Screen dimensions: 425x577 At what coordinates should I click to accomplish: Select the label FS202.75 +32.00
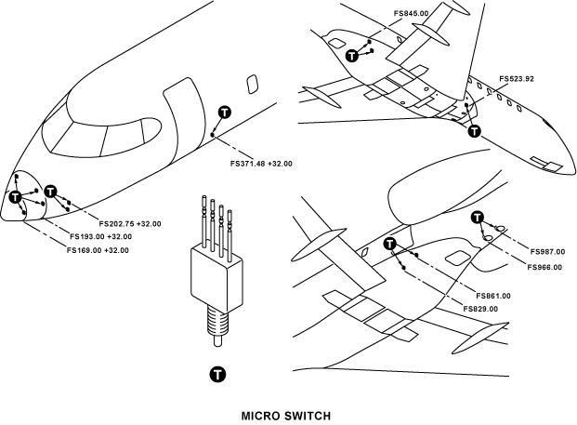click(x=129, y=223)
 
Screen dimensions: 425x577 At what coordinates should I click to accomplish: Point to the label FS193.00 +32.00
click(x=99, y=236)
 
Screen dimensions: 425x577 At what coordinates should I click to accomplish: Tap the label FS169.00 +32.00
click(x=98, y=249)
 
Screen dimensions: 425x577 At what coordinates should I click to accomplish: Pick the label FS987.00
click(x=549, y=251)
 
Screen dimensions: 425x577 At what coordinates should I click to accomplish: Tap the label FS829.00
click(x=480, y=309)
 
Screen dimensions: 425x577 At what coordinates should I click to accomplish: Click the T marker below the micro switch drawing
click(x=217, y=374)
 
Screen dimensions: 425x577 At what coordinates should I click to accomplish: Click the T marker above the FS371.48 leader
click(x=222, y=113)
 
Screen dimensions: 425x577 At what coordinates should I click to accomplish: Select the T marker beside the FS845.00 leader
click(x=352, y=57)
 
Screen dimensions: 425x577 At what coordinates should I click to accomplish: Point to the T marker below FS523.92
click(x=475, y=131)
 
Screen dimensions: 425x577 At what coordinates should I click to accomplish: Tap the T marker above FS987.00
click(x=478, y=219)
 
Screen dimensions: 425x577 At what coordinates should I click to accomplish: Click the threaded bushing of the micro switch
click(x=216, y=321)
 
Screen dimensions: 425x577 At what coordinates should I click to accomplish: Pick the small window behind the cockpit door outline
click(x=251, y=84)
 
